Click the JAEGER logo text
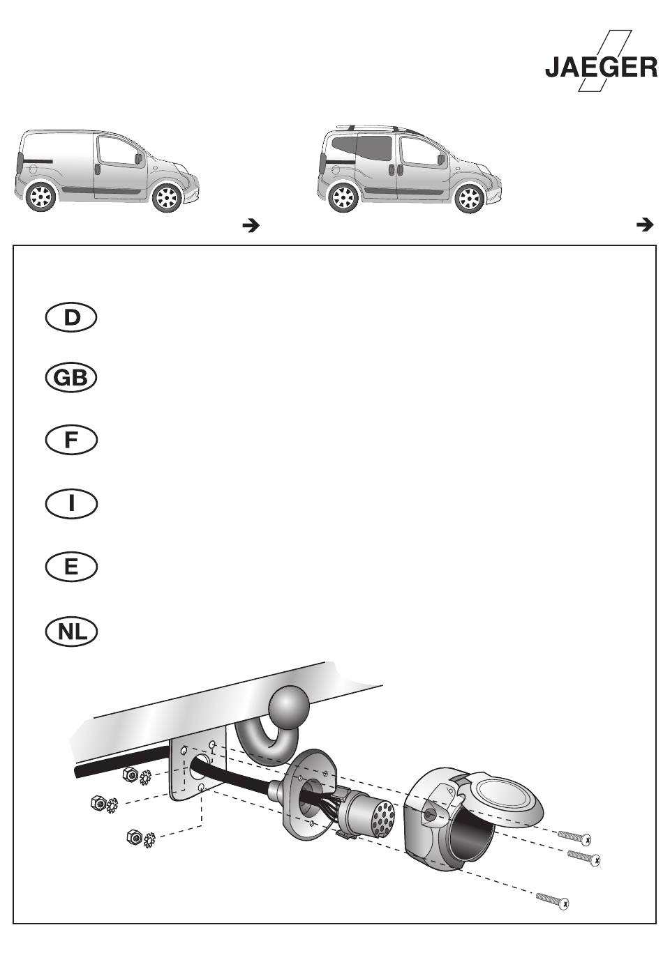pyautogui.click(x=601, y=68)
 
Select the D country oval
pyautogui.click(x=71, y=318)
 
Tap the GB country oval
pyautogui.click(x=71, y=378)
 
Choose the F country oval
pyautogui.click(x=71, y=440)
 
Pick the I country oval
pyautogui.click(x=71, y=504)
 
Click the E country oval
pyautogui.click(x=71, y=567)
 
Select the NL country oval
pyautogui.click(x=71, y=632)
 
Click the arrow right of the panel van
pyautogui.click(x=251, y=226)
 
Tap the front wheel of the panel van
pyautogui.click(x=167, y=197)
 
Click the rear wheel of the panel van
pyautogui.click(x=41, y=197)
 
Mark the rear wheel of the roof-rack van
pyautogui.click(x=343, y=198)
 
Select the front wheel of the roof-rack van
pyautogui.click(x=470, y=199)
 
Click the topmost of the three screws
pyautogui.click(x=574, y=836)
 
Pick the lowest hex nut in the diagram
pyautogui.click(x=135, y=836)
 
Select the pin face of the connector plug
pyautogui.click(x=382, y=817)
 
